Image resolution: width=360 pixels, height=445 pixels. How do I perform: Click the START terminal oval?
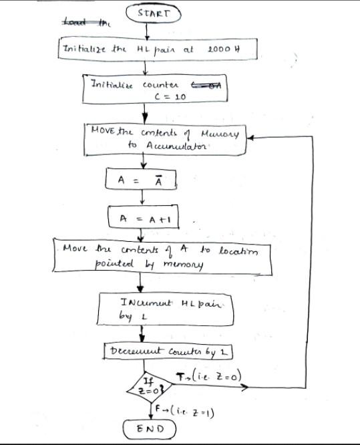(x=154, y=13)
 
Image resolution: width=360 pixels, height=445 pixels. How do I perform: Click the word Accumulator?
(x=167, y=145)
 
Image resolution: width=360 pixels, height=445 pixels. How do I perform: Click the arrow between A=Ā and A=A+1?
(x=142, y=198)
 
